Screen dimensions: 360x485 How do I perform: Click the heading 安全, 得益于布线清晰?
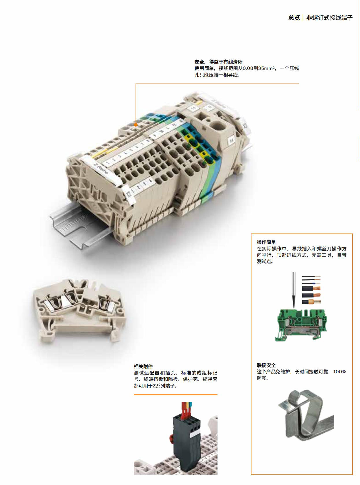(218, 62)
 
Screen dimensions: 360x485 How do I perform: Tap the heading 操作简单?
(266, 242)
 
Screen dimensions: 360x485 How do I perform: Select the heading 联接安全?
(266, 365)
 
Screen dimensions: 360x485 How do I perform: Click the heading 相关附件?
(143, 366)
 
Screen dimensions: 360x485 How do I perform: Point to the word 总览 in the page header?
(294, 18)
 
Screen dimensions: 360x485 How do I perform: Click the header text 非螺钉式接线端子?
(329, 18)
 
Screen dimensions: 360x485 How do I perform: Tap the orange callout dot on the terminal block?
(136, 125)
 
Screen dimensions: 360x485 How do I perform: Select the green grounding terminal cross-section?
(301, 324)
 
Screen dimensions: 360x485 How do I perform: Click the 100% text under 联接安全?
(340, 372)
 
